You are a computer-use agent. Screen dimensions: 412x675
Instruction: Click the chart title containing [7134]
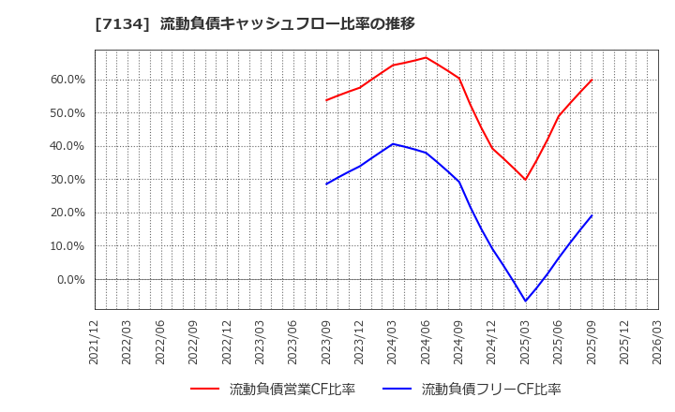click(x=255, y=23)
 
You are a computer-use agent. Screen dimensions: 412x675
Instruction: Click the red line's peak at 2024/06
click(x=426, y=57)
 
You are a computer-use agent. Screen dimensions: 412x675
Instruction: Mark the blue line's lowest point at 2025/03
click(x=525, y=302)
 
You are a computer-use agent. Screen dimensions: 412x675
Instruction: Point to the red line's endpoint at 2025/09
click(x=592, y=80)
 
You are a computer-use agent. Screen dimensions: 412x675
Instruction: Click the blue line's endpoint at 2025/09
click(x=592, y=215)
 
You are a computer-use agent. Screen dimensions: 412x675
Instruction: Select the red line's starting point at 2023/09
click(x=326, y=100)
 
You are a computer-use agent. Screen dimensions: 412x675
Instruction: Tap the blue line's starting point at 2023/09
click(x=326, y=184)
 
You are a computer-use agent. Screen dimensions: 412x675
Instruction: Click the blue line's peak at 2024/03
click(x=393, y=144)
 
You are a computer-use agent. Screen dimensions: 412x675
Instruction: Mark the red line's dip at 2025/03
click(x=525, y=180)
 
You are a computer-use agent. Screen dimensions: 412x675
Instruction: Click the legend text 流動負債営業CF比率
click(x=292, y=390)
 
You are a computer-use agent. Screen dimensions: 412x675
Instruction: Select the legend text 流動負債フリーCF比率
click(x=490, y=390)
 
